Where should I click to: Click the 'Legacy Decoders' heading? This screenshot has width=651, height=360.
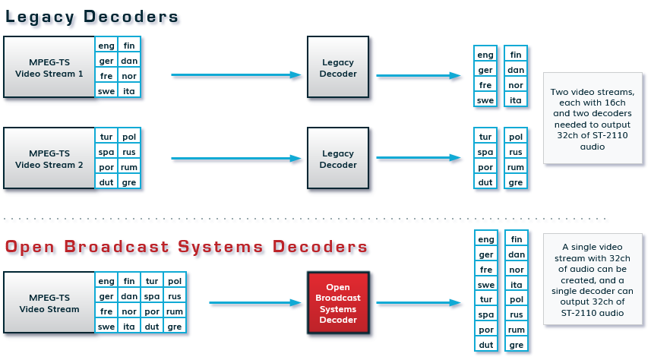coord(92,16)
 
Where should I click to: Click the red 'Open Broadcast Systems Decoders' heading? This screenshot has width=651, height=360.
coord(186,247)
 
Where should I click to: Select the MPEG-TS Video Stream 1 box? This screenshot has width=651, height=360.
coord(49,67)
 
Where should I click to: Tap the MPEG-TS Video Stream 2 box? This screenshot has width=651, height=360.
coord(49,158)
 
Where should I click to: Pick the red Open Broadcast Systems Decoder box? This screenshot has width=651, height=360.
coord(337,303)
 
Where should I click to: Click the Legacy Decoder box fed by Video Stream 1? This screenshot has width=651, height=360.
coord(337,67)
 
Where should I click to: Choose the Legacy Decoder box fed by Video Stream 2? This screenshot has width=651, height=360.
coord(337,158)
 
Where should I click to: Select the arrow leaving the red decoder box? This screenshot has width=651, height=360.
coord(419,303)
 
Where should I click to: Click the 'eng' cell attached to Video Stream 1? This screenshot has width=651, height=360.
coord(106,46)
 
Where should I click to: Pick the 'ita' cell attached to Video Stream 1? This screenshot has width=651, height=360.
coord(129,91)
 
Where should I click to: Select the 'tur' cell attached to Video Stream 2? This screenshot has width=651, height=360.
coord(106,137)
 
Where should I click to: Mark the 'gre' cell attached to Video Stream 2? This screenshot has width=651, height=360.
coord(129,182)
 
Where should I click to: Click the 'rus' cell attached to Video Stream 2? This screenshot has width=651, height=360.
coord(129,152)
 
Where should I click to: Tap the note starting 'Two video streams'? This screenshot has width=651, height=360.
coord(591,118)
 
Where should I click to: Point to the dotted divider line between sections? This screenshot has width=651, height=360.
coord(304,219)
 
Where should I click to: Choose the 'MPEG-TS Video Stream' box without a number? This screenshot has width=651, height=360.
coord(49,303)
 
